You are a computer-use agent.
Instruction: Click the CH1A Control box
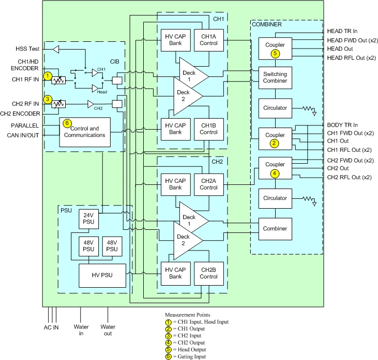click(208, 39)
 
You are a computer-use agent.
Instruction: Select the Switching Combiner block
click(275, 77)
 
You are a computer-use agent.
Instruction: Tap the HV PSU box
click(102, 275)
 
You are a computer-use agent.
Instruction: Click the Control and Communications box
click(85, 132)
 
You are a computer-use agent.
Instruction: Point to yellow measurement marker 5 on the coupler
click(275, 53)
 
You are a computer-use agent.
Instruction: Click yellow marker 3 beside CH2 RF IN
click(48, 100)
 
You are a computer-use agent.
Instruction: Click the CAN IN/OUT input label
click(23, 135)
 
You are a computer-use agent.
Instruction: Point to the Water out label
click(108, 330)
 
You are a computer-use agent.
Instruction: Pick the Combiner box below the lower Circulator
click(275, 228)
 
